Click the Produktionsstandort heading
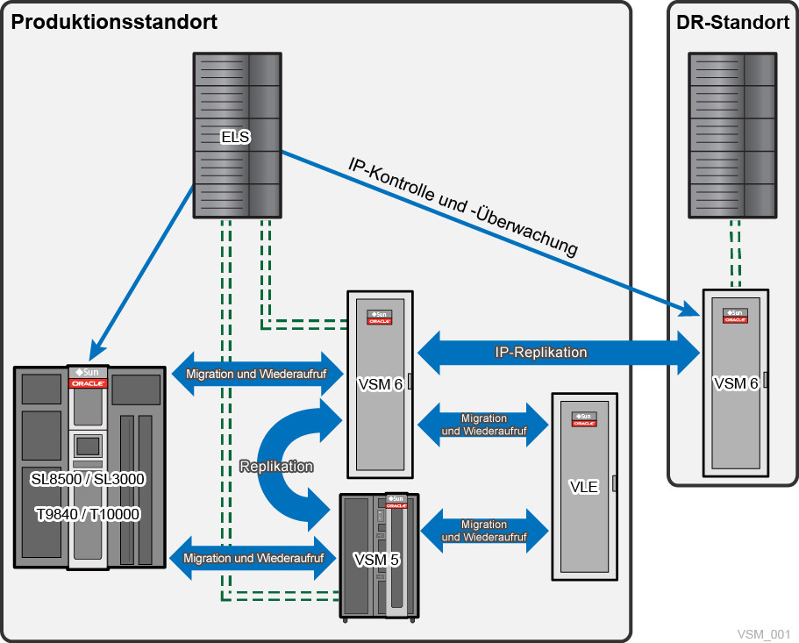[x=114, y=23]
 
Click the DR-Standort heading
[x=733, y=23]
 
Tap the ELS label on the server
[x=236, y=137]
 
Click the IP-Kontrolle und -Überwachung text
[x=463, y=207]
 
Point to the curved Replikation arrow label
[x=277, y=467]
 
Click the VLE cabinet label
[x=584, y=487]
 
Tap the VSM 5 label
[x=376, y=558]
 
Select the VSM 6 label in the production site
[x=380, y=383]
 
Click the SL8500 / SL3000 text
[x=88, y=480]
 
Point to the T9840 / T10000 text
[x=88, y=513]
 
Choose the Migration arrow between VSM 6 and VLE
[x=484, y=425]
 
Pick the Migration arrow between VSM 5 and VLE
[x=484, y=531]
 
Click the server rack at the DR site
[x=731, y=136]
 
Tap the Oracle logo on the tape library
[x=89, y=383]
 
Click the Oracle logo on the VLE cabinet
[x=584, y=423]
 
